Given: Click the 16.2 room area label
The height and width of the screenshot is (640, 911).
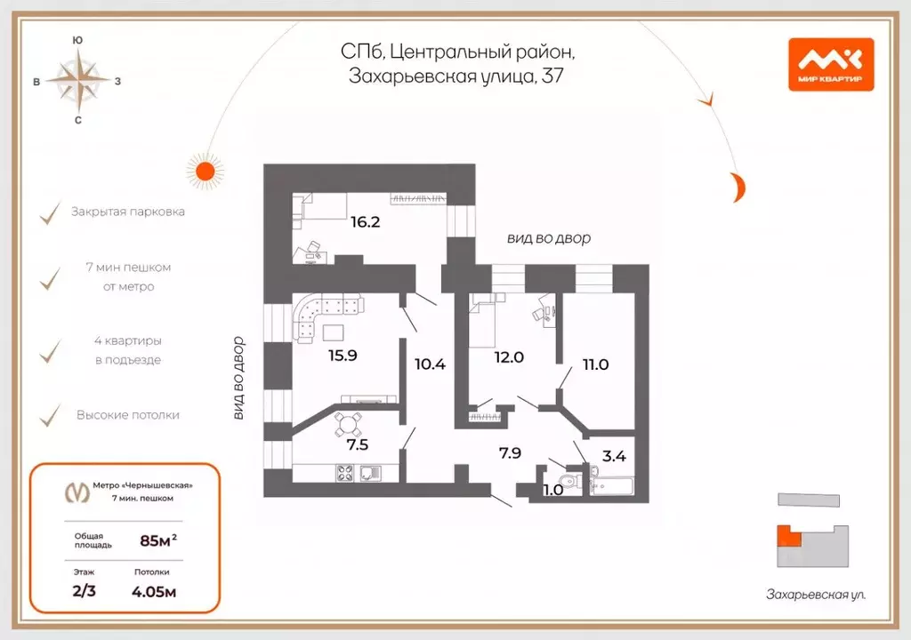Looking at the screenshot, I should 365,222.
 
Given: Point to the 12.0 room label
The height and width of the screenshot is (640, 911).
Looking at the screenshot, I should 510,356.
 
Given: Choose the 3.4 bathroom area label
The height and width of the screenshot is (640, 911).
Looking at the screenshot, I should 615,458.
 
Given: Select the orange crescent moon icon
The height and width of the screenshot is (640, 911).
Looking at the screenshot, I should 737,187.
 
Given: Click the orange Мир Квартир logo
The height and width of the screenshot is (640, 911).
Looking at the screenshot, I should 831,64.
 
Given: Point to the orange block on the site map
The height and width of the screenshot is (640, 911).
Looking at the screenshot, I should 786,536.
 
